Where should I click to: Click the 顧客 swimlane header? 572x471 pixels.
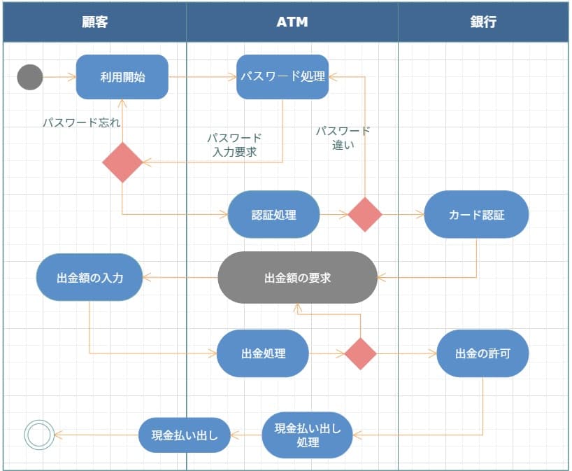[x=94, y=22]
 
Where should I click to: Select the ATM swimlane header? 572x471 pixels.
[x=292, y=22]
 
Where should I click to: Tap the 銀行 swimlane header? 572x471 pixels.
[x=482, y=22]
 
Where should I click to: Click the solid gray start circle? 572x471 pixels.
[x=30, y=77]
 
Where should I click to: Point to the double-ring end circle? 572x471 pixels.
[x=39, y=435]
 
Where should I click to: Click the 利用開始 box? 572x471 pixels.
[x=122, y=77]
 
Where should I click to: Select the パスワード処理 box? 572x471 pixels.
[x=283, y=77]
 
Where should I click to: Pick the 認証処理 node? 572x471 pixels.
[x=273, y=215]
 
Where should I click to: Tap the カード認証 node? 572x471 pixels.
[x=476, y=215]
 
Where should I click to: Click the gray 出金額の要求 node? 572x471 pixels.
[x=297, y=278]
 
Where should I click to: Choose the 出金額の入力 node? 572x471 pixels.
[x=90, y=278]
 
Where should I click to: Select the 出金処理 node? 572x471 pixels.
[x=263, y=353]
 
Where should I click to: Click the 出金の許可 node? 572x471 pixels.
[x=482, y=353]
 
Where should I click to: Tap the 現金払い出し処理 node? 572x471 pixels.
[x=308, y=435]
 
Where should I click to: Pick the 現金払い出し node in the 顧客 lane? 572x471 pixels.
[x=184, y=435]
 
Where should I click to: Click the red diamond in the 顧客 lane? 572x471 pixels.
[x=122, y=162]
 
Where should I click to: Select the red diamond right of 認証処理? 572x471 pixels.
[x=365, y=214]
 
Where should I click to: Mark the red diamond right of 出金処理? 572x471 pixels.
[x=361, y=353]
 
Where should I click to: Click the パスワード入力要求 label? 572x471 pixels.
[x=234, y=145]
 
